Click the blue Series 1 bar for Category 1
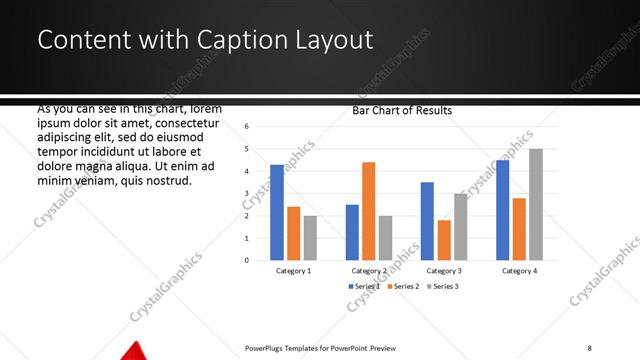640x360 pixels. click(277, 212)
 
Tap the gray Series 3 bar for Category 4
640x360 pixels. click(536, 204)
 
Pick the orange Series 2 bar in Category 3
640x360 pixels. click(444, 240)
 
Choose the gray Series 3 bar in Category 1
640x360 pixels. click(310, 238)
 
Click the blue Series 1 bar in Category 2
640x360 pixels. click(352, 232)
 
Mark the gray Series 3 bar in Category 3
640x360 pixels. click(460, 227)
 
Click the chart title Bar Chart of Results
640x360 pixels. click(402, 111)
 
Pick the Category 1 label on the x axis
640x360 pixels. click(293, 271)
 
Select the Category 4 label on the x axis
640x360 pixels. click(519, 271)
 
